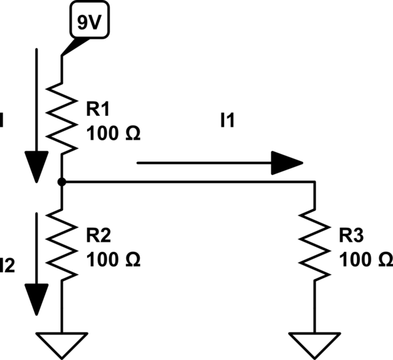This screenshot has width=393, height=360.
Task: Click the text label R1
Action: [x=97, y=109]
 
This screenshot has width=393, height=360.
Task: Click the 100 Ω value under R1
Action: [x=113, y=134]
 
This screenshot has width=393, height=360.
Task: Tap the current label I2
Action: [x=7, y=264]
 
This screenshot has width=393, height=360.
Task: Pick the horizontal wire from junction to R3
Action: [x=190, y=183]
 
